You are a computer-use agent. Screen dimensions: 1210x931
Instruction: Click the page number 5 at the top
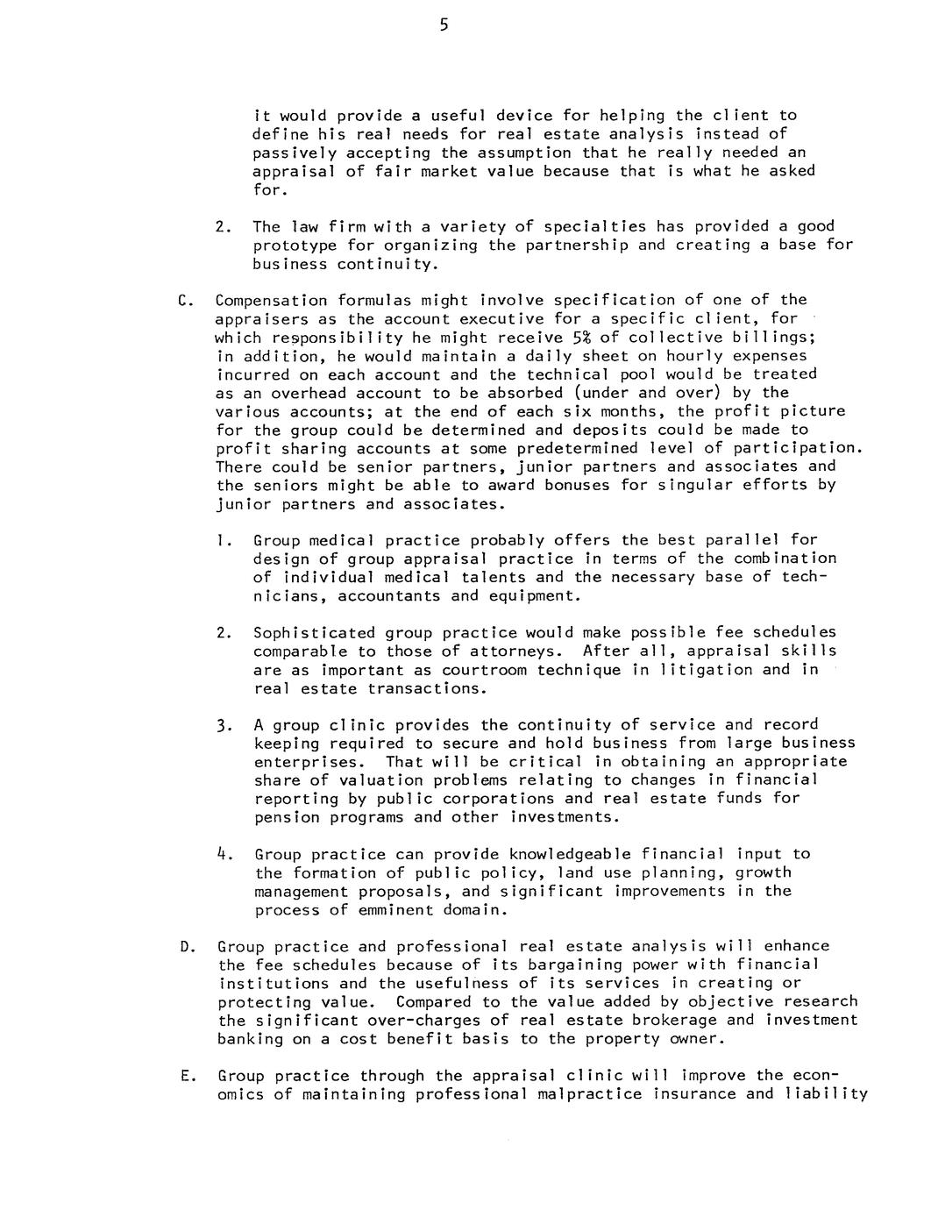pyautogui.click(x=444, y=25)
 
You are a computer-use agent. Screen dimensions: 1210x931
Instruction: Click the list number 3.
pyautogui.click(x=223, y=725)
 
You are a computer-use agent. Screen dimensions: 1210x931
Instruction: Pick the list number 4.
pyautogui.click(x=223, y=853)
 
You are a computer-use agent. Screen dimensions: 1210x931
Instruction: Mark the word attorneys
pyautogui.click(x=518, y=651)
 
